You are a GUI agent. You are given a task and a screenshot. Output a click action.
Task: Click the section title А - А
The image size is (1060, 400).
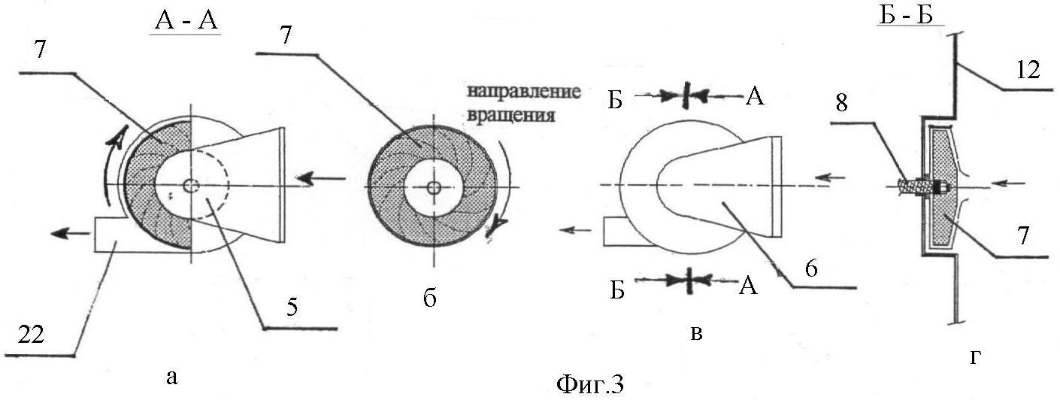click(x=186, y=22)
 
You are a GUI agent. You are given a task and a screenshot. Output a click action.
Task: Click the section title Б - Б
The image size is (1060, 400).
click(x=905, y=16)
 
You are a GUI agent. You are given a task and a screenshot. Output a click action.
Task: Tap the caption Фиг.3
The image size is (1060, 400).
click(x=589, y=384)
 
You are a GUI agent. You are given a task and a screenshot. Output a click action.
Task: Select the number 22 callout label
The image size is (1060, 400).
click(x=32, y=335)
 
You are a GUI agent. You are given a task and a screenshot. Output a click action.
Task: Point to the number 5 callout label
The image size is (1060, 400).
click(x=292, y=308)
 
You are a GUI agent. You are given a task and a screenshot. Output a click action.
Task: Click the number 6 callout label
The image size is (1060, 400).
click(x=811, y=268)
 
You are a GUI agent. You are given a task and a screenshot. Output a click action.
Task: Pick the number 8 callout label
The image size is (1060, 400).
click(x=841, y=103)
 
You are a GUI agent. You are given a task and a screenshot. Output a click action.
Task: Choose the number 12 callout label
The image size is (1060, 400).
click(x=1028, y=70)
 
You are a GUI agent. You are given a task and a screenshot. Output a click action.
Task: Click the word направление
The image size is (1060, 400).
click(x=524, y=92)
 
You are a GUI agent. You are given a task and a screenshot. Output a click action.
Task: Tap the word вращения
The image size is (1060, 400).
click(x=510, y=116)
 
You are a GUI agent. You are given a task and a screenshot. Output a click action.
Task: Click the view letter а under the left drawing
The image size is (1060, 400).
click(x=172, y=377)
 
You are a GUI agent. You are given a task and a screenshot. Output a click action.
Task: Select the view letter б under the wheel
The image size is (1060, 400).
click(x=430, y=298)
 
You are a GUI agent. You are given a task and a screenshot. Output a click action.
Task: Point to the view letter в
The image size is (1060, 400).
click(x=696, y=333)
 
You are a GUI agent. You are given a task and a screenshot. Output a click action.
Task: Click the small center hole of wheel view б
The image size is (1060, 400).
click(x=432, y=188)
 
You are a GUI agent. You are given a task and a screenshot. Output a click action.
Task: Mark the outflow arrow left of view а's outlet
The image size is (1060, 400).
click(x=70, y=232)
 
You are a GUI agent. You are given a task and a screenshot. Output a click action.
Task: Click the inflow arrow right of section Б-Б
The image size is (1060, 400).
click(x=1009, y=183)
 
